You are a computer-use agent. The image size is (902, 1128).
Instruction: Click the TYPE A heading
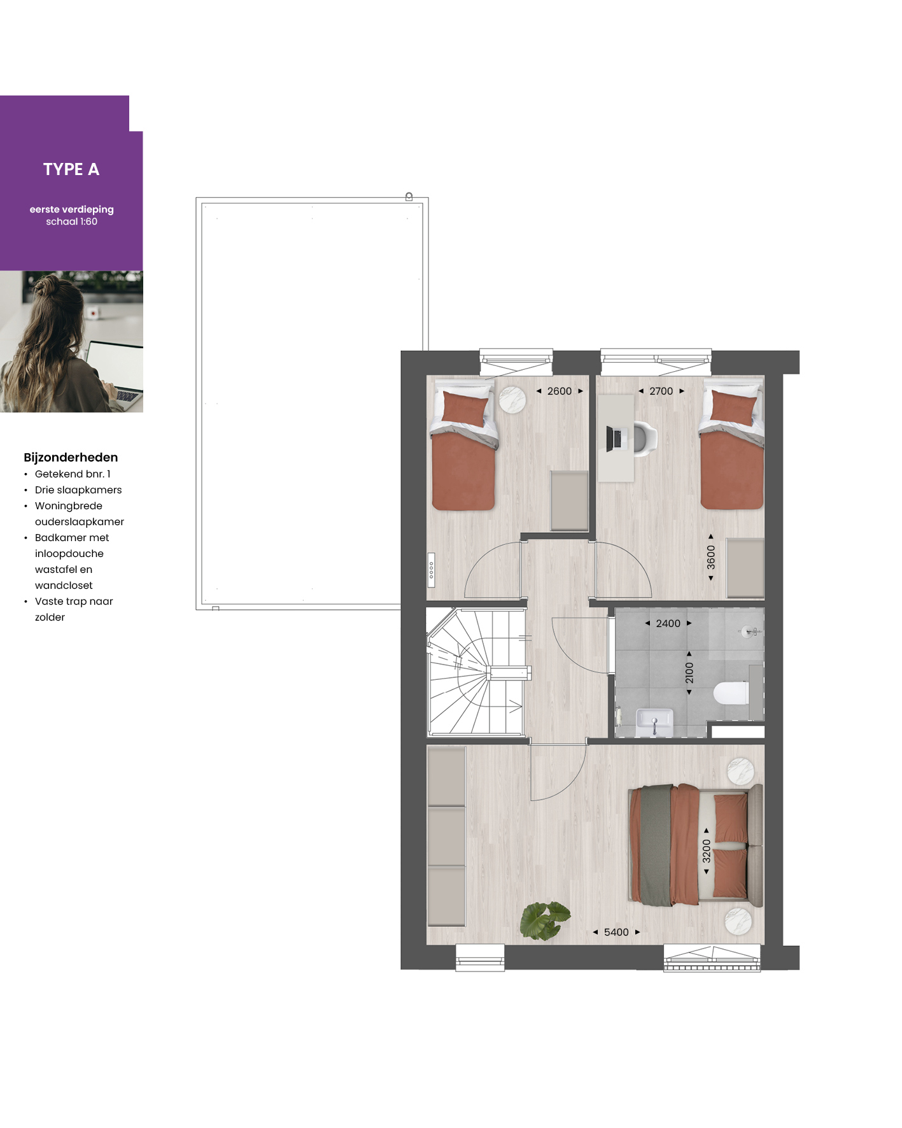[71, 169]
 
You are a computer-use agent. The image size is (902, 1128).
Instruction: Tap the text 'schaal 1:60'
[71, 222]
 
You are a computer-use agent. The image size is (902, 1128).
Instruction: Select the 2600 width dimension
[560, 391]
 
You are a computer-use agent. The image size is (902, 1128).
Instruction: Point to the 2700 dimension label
[661, 391]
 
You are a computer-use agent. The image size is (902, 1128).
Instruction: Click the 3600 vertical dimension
[711, 558]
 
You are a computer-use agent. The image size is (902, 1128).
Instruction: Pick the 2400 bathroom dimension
[668, 623]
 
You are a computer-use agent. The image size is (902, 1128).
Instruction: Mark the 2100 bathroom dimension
[689, 673]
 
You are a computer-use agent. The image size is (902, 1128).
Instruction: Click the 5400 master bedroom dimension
[616, 932]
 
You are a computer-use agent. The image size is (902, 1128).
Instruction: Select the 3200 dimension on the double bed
[707, 851]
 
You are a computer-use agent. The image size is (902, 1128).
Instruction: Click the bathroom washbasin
[654, 723]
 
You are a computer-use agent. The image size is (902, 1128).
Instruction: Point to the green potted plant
[544, 920]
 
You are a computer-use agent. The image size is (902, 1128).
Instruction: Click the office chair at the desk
[644, 439]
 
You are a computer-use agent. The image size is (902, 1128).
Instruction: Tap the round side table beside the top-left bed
[512, 400]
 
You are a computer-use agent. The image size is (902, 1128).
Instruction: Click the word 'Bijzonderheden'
[71, 457]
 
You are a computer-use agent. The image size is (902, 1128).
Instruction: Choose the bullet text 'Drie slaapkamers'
[78, 490]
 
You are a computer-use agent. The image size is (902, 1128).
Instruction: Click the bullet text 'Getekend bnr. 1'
[73, 474]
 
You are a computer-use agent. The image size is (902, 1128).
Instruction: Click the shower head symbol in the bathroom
[749, 631]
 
